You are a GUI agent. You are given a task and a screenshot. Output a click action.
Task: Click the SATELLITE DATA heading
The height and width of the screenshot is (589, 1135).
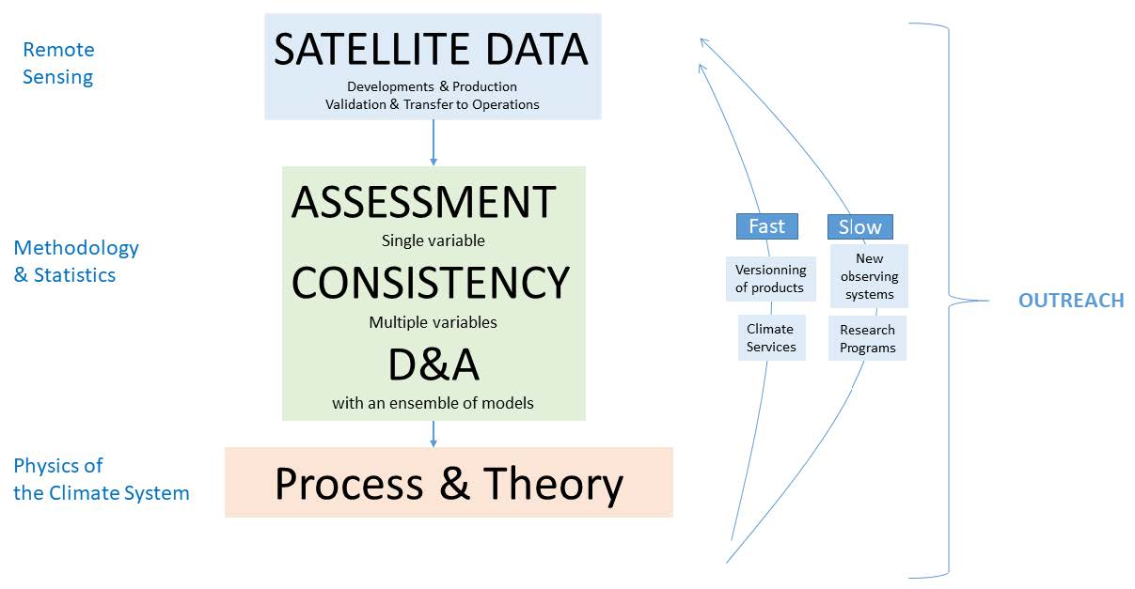431,49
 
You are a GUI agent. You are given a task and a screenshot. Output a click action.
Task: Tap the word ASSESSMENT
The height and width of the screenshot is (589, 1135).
423,202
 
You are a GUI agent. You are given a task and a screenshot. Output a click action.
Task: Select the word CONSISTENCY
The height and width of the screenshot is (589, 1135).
431,283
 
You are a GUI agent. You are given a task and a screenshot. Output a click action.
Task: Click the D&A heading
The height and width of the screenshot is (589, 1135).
434,364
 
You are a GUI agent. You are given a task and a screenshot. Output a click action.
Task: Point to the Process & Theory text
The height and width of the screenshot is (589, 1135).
449,484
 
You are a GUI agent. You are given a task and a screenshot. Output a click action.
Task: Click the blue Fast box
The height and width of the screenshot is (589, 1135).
767,226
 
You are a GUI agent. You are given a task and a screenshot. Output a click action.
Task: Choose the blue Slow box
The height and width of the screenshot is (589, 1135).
860,226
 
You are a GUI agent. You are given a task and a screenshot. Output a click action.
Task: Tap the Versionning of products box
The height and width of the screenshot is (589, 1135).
771,279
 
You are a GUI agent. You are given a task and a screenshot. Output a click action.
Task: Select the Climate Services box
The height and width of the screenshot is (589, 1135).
771,337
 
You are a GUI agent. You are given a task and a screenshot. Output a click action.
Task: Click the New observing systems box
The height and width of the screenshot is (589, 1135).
869,276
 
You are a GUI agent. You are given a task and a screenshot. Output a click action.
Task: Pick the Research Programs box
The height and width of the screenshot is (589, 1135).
867,338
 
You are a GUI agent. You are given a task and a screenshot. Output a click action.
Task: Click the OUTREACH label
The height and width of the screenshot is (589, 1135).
1071,301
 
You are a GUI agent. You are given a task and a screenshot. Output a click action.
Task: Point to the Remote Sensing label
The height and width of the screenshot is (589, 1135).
58,63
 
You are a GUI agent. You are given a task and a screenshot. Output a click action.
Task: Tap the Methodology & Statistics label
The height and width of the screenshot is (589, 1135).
76,261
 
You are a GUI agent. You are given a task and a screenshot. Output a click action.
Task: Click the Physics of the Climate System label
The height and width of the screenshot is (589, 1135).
102,479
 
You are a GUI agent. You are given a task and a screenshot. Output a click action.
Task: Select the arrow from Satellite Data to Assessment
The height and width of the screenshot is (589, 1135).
434,143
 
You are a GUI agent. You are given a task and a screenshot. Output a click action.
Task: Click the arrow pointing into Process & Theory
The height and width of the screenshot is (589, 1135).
434,434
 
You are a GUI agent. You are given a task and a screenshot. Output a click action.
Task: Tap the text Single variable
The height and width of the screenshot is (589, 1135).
434,240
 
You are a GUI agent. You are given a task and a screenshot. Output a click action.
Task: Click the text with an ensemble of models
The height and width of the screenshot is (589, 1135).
433,403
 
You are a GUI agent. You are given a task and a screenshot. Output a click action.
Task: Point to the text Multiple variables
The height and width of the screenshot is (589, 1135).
433,322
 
